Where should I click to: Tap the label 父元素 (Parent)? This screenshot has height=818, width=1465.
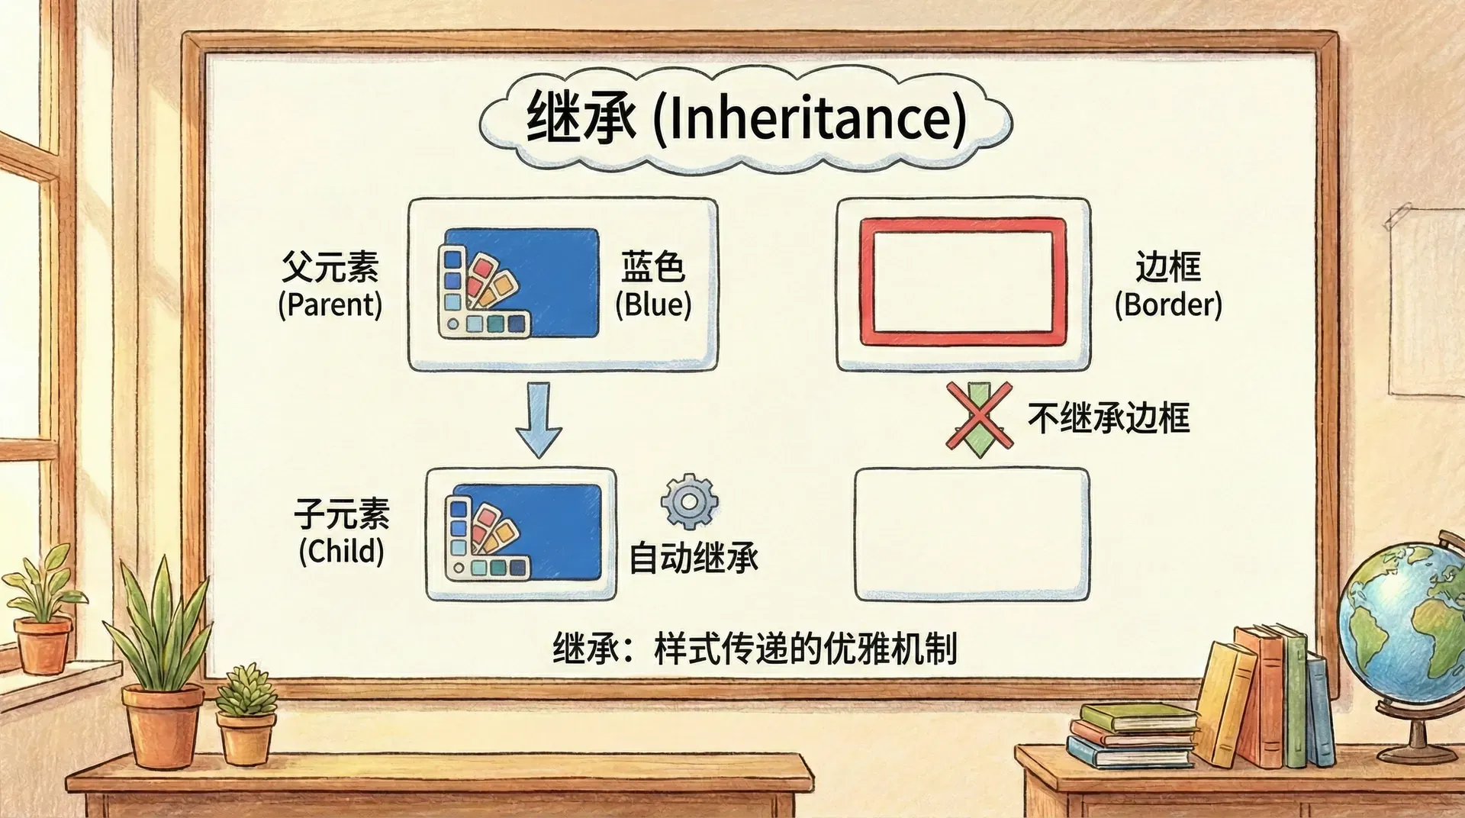(330, 285)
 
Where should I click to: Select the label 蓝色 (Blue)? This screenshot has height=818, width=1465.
(653, 285)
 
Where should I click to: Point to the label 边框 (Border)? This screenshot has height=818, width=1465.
(1168, 285)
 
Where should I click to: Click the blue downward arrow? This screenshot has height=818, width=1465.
(539, 419)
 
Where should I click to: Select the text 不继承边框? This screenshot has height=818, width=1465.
(1109, 418)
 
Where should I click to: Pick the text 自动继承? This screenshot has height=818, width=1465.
(694, 558)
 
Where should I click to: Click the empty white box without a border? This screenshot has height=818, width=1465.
(972, 535)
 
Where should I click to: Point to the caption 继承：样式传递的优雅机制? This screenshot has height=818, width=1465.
(755, 649)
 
